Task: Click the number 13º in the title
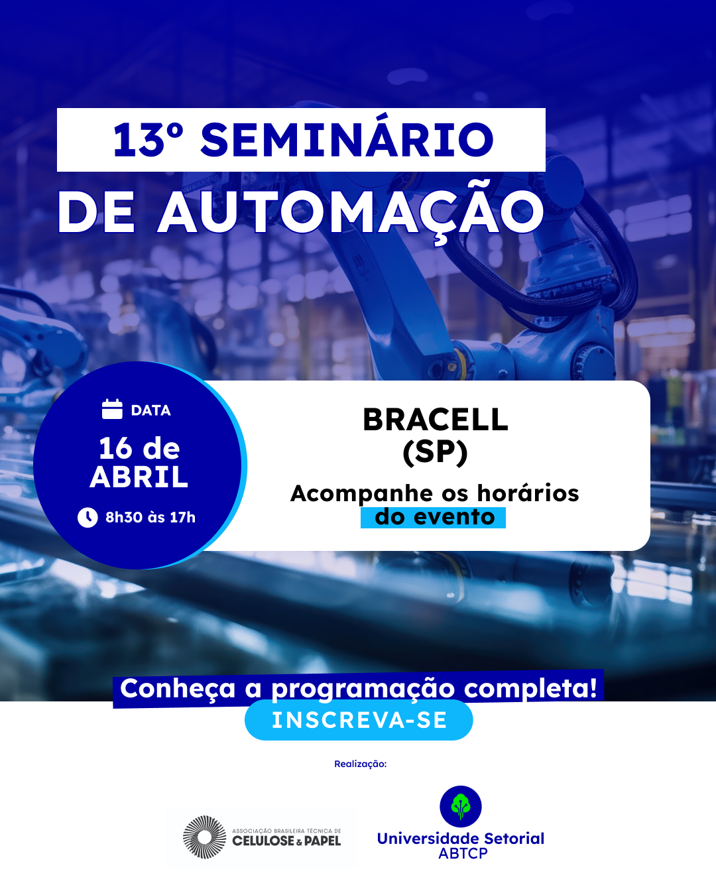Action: coord(147,140)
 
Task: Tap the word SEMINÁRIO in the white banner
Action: coord(347,140)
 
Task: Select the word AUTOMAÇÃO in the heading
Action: coord(351,213)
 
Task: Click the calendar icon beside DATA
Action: coord(112,409)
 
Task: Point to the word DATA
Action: coord(150,410)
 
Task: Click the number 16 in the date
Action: coord(115,449)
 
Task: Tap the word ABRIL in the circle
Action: coord(139,477)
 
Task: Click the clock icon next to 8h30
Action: coord(88,517)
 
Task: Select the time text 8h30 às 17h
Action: coord(150,517)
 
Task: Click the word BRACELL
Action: coord(436,420)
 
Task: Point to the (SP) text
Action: coord(436,452)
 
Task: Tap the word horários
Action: coord(528,493)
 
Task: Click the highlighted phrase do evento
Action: coord(434,517)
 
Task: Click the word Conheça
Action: coord(178,689)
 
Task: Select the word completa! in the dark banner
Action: coord(530,689)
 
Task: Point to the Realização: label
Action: coord(360,764)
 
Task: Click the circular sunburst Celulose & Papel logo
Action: coord(204,837)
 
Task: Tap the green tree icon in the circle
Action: coord(461,806)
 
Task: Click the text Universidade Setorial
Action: coord(461,839)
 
